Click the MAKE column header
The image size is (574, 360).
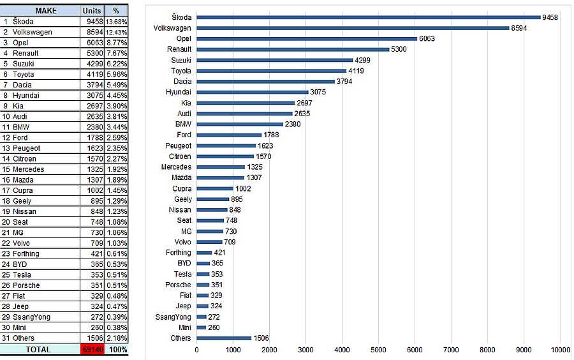click(x=45, y=11)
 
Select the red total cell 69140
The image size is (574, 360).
click(x=92, y=349)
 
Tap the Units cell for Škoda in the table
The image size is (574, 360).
click(x=92, y=21)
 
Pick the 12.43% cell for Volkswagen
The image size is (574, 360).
click(x=116, y=32)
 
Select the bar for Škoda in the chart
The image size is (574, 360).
click(x=368, y=17)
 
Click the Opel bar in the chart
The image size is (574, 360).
click(x=306, y=38)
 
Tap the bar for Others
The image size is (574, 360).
click(x=224, y=338)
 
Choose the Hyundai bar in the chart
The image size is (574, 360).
click(x=252, y=92)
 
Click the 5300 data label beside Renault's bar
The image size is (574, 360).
click(x=399, y=49)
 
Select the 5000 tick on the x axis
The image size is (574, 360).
click(x=378, y=350)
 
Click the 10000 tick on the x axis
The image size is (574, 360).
click(x=561, y=350)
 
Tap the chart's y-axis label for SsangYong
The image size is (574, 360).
click(x=173, y=317)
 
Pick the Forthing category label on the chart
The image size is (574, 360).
click(x=177, y=253)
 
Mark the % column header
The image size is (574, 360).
click(x=116, y=11)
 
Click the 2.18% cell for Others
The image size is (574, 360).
click(x=116, y=338)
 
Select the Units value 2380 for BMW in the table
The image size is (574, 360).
click(x=92, y=127)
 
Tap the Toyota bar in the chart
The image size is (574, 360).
click(x=271, y=71)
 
